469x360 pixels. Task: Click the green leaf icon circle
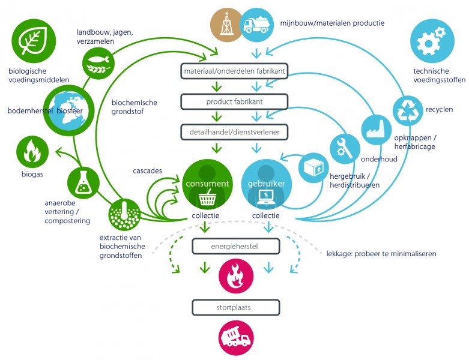coord(34,41)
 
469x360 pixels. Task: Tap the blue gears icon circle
coord(432,41)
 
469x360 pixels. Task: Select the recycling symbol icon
coord(408,111)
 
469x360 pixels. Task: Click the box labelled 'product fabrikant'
coord(234,101)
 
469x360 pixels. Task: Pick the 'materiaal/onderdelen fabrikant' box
coord(234,71)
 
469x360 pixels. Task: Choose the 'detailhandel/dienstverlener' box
coord(234,132)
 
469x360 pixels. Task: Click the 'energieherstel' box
coord(235,247)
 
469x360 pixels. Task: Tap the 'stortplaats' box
coord(235,307)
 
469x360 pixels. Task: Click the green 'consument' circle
coord(207,184)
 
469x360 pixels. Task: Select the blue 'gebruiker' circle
coord(266,184)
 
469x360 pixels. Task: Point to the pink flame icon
coord(236,276)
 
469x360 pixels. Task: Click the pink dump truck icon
coord(236,338)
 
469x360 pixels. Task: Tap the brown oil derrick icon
coord(226,25)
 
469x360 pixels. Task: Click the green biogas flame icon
coord(32,152)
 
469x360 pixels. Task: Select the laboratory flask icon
coord(83,183)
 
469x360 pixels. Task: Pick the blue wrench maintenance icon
coord(345,149)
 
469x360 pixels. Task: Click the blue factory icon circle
coord(377,130)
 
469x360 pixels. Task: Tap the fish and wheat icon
coord(98,64)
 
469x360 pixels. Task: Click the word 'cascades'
coord(148,170)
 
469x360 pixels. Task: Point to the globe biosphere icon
coord(69,110)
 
